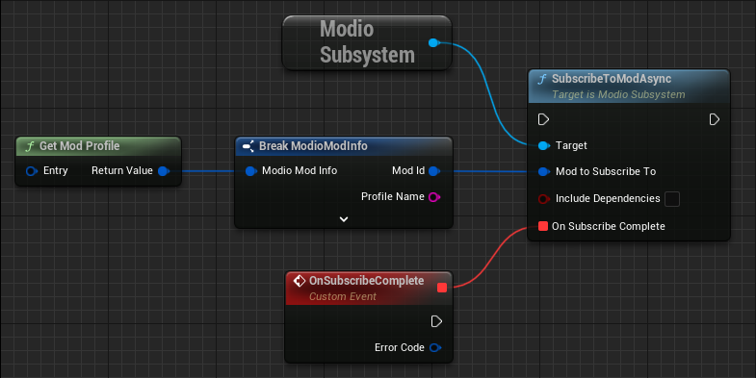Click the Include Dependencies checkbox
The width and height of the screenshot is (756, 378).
pos(672,199)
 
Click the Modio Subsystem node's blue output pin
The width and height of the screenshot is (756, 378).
pos(432,42)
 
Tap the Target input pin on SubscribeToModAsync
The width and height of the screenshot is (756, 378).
pos(543,145)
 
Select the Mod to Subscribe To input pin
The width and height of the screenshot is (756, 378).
pos(543,172)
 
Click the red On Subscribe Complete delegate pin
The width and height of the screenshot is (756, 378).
pos(543,226)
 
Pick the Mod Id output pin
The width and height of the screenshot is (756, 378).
pos(433,172)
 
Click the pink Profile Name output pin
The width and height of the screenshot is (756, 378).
pos(433,197)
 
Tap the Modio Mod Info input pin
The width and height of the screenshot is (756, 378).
pos(250,172)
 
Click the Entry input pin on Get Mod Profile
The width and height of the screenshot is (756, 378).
pos(32,171)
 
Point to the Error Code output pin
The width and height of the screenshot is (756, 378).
pos(434,347)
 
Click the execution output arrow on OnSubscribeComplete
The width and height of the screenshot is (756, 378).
pos(436,321)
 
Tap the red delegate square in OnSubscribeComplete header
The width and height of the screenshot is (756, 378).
pos(442,287)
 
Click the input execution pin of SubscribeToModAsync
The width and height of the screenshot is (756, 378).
pos(543,119)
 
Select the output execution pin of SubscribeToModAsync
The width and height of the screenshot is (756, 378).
pos(715,119)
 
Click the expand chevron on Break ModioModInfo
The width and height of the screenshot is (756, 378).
pos(344,218)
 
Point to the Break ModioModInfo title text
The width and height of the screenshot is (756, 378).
pos(312,146)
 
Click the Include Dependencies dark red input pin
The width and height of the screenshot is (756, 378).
pos(543,199)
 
